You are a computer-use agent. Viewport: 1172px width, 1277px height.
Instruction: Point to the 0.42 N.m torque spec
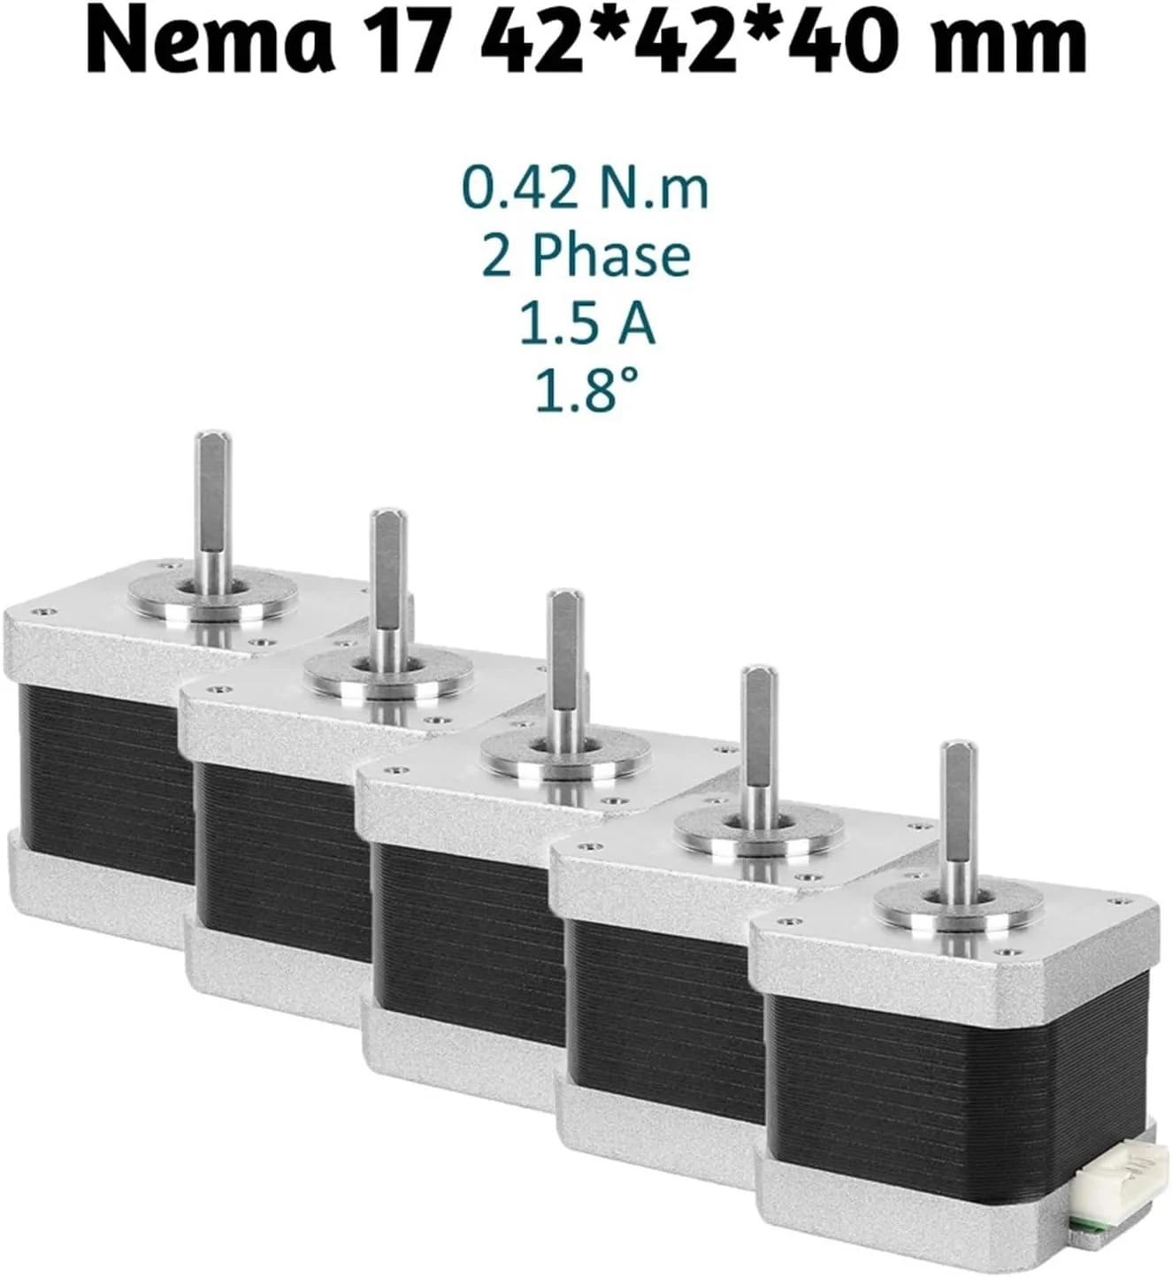pos(585,188)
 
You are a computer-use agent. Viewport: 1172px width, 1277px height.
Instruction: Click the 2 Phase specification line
pos(585,256)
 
